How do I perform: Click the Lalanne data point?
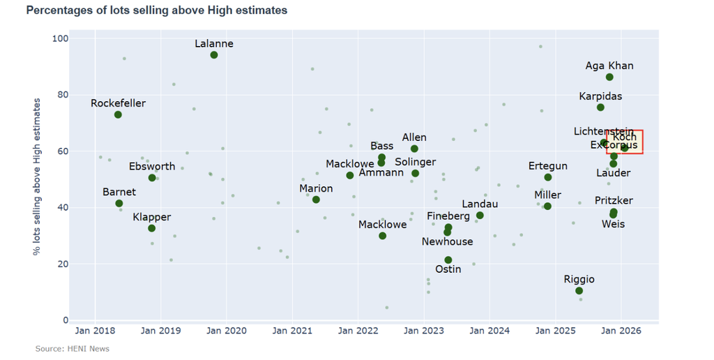214,55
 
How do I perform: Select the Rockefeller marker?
118,114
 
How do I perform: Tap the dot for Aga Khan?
609,77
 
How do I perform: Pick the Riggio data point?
579,291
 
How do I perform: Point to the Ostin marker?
448,260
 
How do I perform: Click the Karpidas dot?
600,107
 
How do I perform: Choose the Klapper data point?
152,229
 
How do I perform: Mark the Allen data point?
414,149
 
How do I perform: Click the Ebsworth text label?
152,167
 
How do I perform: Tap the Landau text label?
480,204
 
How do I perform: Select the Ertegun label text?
547,166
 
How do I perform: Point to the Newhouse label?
447,241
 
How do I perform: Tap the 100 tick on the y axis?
61,38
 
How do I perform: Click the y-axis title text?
37,176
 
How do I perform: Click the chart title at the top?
156,10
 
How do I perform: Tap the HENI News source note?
73,349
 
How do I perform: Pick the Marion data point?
316,200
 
